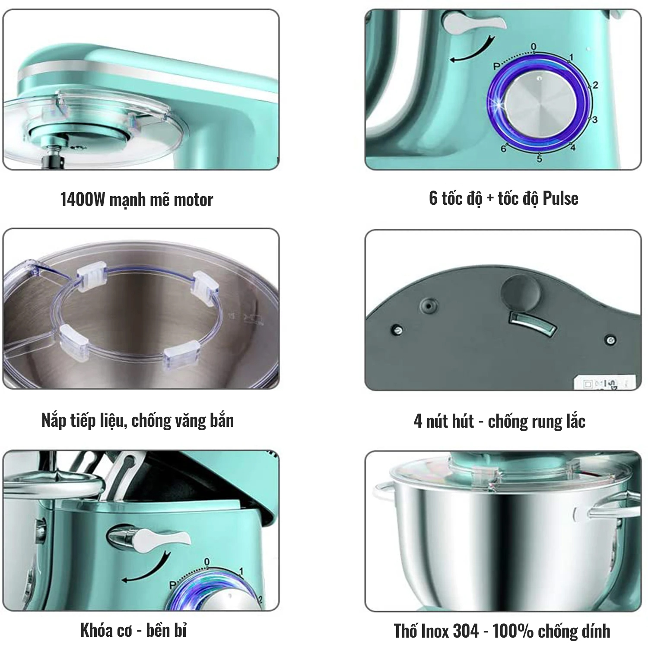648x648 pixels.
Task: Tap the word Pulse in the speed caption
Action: tap(560, 198)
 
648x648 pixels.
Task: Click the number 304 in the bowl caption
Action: tap(466, 631)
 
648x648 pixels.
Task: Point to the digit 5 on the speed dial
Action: tap(539, 159)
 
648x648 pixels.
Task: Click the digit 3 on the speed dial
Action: tap(594, 119)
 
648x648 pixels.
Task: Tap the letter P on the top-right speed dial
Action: tap(496, 66)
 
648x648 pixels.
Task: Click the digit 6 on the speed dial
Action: tap(503, 149)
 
